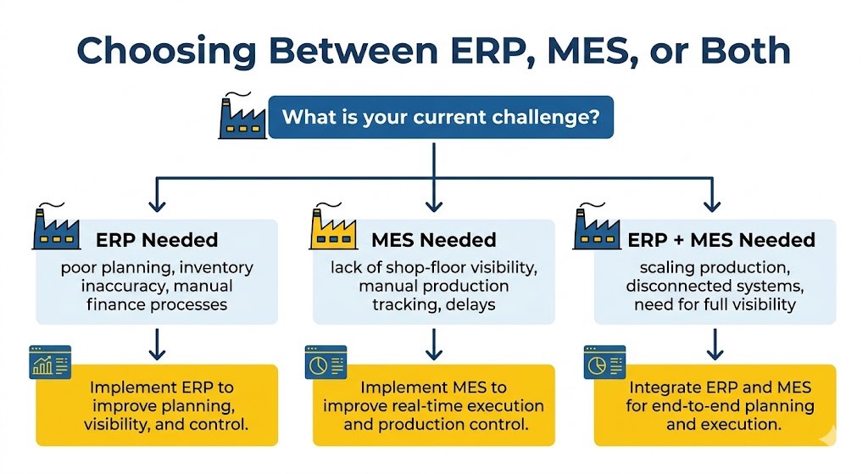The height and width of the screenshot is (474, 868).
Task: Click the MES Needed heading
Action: coord(433,240)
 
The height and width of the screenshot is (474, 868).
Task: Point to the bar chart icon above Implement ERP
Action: coord(49,361)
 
